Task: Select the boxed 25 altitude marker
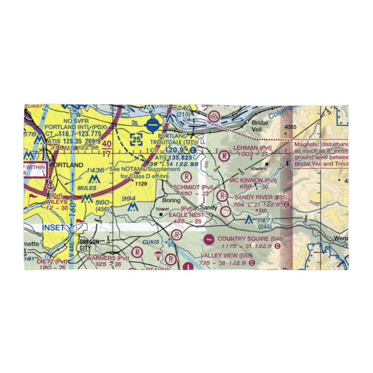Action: (x=136, y=140)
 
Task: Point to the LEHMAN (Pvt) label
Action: (x=253, y=148)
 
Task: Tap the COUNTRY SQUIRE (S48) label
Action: (x=251, y=239)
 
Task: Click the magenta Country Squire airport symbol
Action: (x=210, y=239)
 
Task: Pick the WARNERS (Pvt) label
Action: (x=108, y=258)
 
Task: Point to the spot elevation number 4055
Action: (x=290, y=127)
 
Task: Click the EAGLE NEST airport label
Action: (x=186, y=215)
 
